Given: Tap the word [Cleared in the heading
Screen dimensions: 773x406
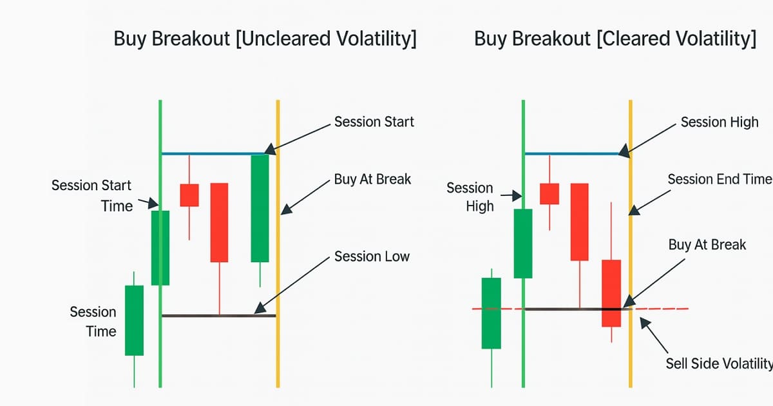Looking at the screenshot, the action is point(634,38).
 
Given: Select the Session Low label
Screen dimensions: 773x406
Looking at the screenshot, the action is point(372,256).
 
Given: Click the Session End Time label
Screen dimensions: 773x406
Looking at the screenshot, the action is point(720,179).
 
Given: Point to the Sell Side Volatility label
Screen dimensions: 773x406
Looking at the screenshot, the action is point(719,363).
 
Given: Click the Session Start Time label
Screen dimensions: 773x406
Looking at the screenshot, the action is point(91,196).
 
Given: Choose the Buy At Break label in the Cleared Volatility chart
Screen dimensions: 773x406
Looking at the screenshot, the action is point(707,245).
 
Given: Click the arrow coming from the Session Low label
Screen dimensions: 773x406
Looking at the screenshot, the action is point(292,285).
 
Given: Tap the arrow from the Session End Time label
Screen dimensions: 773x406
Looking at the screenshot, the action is point(649,202).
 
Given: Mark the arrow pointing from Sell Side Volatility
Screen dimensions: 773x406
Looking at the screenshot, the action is point(654,335).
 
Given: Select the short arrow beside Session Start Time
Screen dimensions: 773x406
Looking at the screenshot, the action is point(148,202).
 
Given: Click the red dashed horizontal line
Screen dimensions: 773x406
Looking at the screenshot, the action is point(580,309).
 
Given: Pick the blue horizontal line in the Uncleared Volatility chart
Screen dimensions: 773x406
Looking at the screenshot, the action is point(219,153).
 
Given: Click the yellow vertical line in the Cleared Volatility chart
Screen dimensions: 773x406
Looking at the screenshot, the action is point(631,244).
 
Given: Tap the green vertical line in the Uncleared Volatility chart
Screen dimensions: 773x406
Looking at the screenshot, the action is point(160,244).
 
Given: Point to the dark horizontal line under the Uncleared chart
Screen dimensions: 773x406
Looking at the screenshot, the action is point(219,316).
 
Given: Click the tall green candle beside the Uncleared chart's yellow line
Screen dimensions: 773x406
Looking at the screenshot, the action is point(260,208).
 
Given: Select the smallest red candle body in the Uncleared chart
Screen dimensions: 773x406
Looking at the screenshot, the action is point(189,195).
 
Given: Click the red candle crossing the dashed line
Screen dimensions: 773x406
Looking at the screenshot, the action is point(611,293).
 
